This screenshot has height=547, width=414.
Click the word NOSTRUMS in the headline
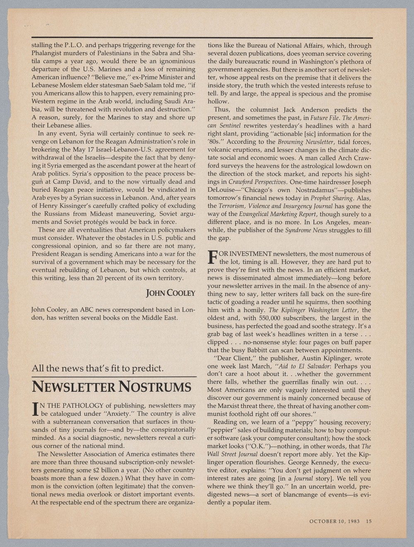click(x=155, y=387)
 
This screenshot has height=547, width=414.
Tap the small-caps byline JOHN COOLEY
click(x=171, y=293)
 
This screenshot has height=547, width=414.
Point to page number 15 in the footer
click(x=368, y=521)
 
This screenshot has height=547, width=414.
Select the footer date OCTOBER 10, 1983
click(x=335, y=521)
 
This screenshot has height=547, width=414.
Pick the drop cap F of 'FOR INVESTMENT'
click(x=212, y=258)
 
